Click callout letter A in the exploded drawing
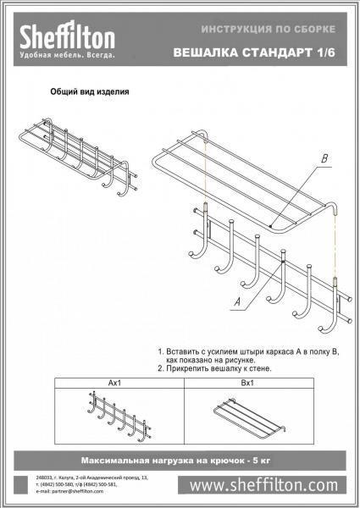[237, 300]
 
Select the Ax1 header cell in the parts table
[117, 384]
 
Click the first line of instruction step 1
[246, 350]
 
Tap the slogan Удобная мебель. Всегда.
[58, 54]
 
